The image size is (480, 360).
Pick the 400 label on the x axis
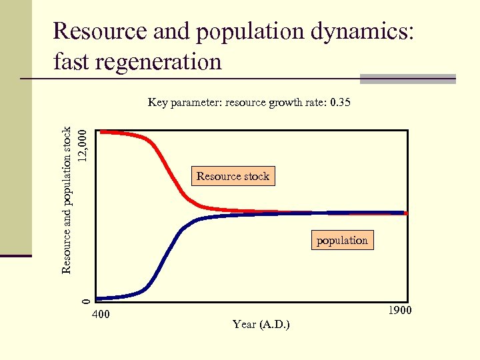tap(101, 315)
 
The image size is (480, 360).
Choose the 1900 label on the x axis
tap(399, 311)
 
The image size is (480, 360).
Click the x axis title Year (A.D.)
tap(261, 325)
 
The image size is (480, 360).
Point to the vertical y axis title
tap(67, 200)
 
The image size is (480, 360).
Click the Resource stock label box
tap(233, 176)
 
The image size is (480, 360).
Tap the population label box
tap(342, 240)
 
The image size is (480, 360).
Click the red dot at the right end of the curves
tap(405, 213)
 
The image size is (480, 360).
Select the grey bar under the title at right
tap(407, 79)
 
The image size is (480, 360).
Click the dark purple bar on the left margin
tap(15, 255)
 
